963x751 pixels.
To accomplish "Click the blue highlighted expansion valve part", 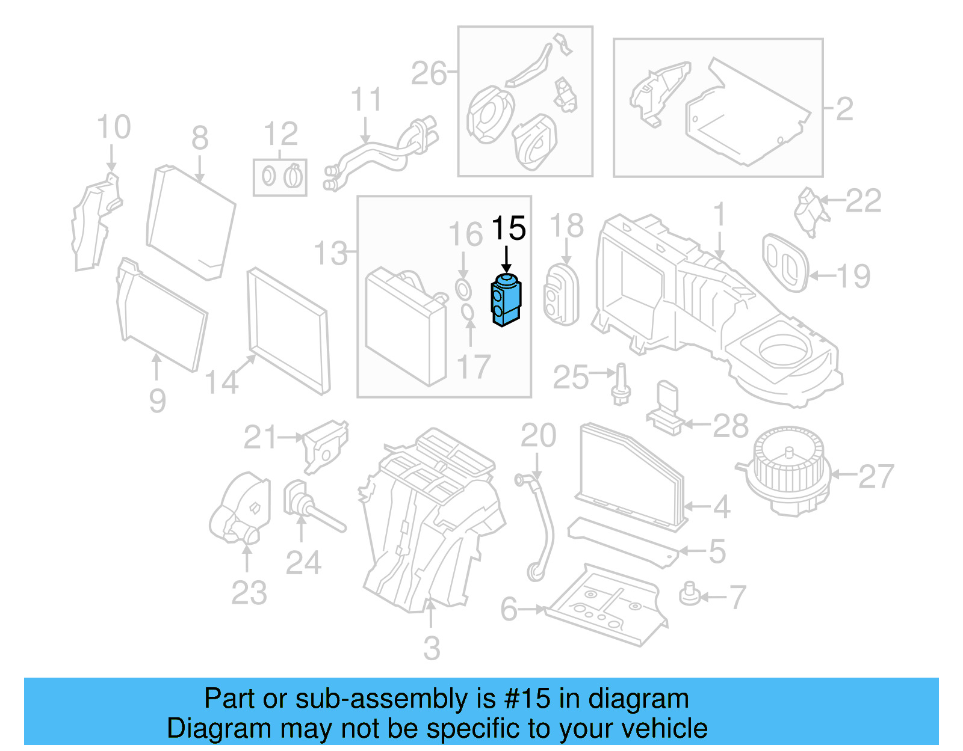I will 506,299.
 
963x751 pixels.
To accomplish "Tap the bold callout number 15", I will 509,228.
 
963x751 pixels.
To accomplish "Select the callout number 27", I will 876,476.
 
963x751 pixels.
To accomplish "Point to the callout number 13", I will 331,253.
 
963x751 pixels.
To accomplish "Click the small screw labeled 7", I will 690,595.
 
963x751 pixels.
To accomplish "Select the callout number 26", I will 429,73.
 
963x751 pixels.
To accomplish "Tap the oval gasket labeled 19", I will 785,263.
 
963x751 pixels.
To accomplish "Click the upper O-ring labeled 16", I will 462,289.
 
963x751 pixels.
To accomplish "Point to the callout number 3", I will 432,648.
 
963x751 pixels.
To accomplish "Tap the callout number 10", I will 113,127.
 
